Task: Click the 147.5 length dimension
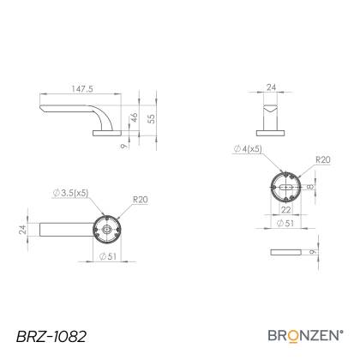click(82, 89)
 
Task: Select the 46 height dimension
click(134, 117)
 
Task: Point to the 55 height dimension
click(152, 118)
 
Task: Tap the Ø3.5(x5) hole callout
click(70, 193)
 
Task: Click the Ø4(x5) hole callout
click(248, 148)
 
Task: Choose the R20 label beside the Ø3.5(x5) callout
click(141, 200)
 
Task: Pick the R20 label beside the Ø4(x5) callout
click(323, 159)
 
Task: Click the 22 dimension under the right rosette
click(285, 210)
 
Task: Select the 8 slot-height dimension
click(310, 187)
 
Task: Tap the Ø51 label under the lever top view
click(108, 256)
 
